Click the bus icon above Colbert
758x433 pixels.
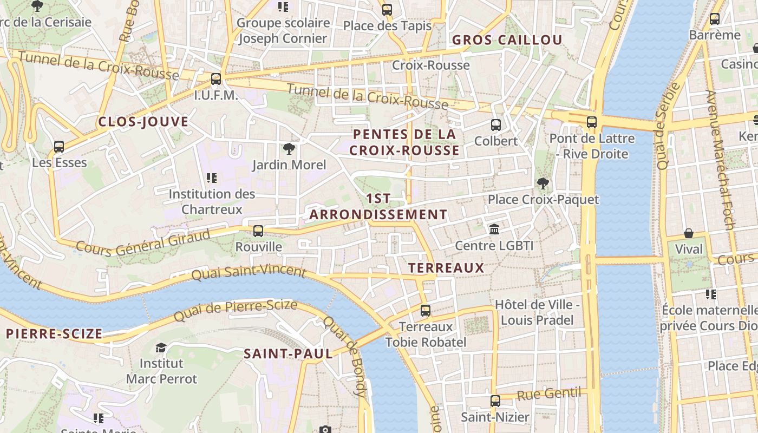[x=495, y=125]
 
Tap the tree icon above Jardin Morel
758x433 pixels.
[x=289, y=149]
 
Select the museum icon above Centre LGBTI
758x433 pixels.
[x=494, y=229]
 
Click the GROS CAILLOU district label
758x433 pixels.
[x=507, y=40]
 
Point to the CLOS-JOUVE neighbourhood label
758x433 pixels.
[x=143, y=122]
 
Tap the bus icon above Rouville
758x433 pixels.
[x=258, y=231]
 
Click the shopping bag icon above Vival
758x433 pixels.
[x=689, y=233]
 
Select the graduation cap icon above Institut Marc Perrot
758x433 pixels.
[x=161, y=347]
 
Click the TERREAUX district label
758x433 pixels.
[x=446, y=268]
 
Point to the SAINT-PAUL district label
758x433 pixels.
[x=288, y=354]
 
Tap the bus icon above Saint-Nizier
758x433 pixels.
[x=495, y=401]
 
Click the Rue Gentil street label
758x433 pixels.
[x=549, y=393]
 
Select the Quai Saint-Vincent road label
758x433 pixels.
[x=249, y=271]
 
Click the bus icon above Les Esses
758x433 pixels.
[x=59, y=147]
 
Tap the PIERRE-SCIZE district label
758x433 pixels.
[x=54, y=334]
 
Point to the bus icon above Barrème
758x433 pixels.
[x=715, y=19]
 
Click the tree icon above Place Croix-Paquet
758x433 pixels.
[x=543, y=183]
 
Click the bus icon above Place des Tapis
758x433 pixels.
[x=387, y=9]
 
